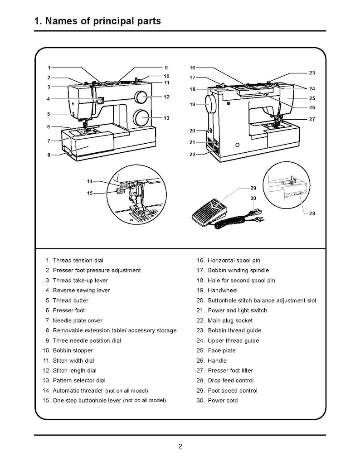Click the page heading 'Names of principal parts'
tap(97, 21)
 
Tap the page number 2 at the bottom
tap(180, 446)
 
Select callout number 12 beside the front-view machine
tap(166, 97)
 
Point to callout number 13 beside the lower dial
tap(166, 118)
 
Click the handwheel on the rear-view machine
tap(210, 104)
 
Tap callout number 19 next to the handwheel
tap(192, 104)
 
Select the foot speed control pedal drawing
tap(209, 211)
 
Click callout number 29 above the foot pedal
tap(253, 188)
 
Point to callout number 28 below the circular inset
tap(312, 213)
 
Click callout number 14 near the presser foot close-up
tap(90, 181)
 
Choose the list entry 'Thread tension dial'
tap(78, 260)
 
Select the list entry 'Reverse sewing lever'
tap(81, 290)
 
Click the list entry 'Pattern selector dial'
tap(79, 380)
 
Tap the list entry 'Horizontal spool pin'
tap(234, 260)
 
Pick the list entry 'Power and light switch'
tap(237, 310)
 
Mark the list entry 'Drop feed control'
tap(230, 380)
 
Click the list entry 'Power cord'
tap(222, 400)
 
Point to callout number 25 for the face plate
tap(312, 98)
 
